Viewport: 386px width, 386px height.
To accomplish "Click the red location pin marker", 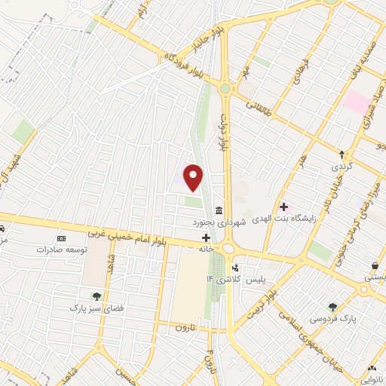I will point(194,178).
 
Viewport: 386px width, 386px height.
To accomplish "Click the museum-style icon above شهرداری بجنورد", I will point(219,210).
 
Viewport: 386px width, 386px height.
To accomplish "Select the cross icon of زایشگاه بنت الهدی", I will point(283,207).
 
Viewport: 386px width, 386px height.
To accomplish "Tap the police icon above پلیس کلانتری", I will point(237,267).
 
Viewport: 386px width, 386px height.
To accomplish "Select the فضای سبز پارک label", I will point(96,308).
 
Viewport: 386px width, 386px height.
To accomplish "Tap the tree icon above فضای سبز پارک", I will point(96,296).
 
